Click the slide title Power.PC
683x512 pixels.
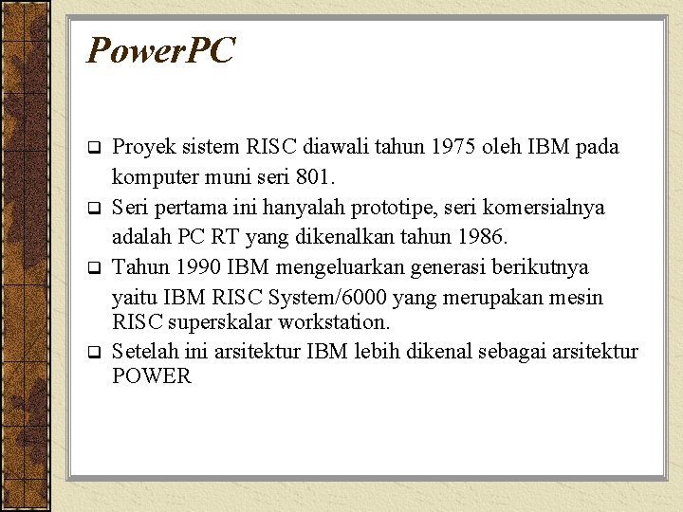(159, 51)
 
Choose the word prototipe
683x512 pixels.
(413, 208)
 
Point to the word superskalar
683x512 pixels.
(217, 322)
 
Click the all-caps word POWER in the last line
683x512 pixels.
(152, 376)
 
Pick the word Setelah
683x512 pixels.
(144, 352)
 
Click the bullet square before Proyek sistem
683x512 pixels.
(94, 149)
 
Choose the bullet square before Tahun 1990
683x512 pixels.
(94, 268)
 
